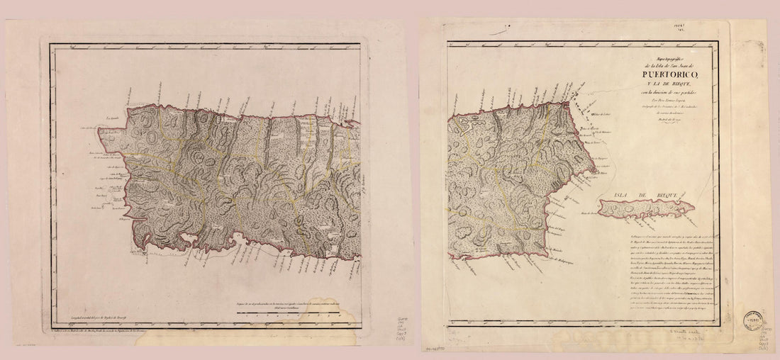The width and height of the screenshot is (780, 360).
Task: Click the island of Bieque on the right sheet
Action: click(x=645, y=208)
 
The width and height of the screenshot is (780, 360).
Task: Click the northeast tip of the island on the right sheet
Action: click(x=569, y=105)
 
